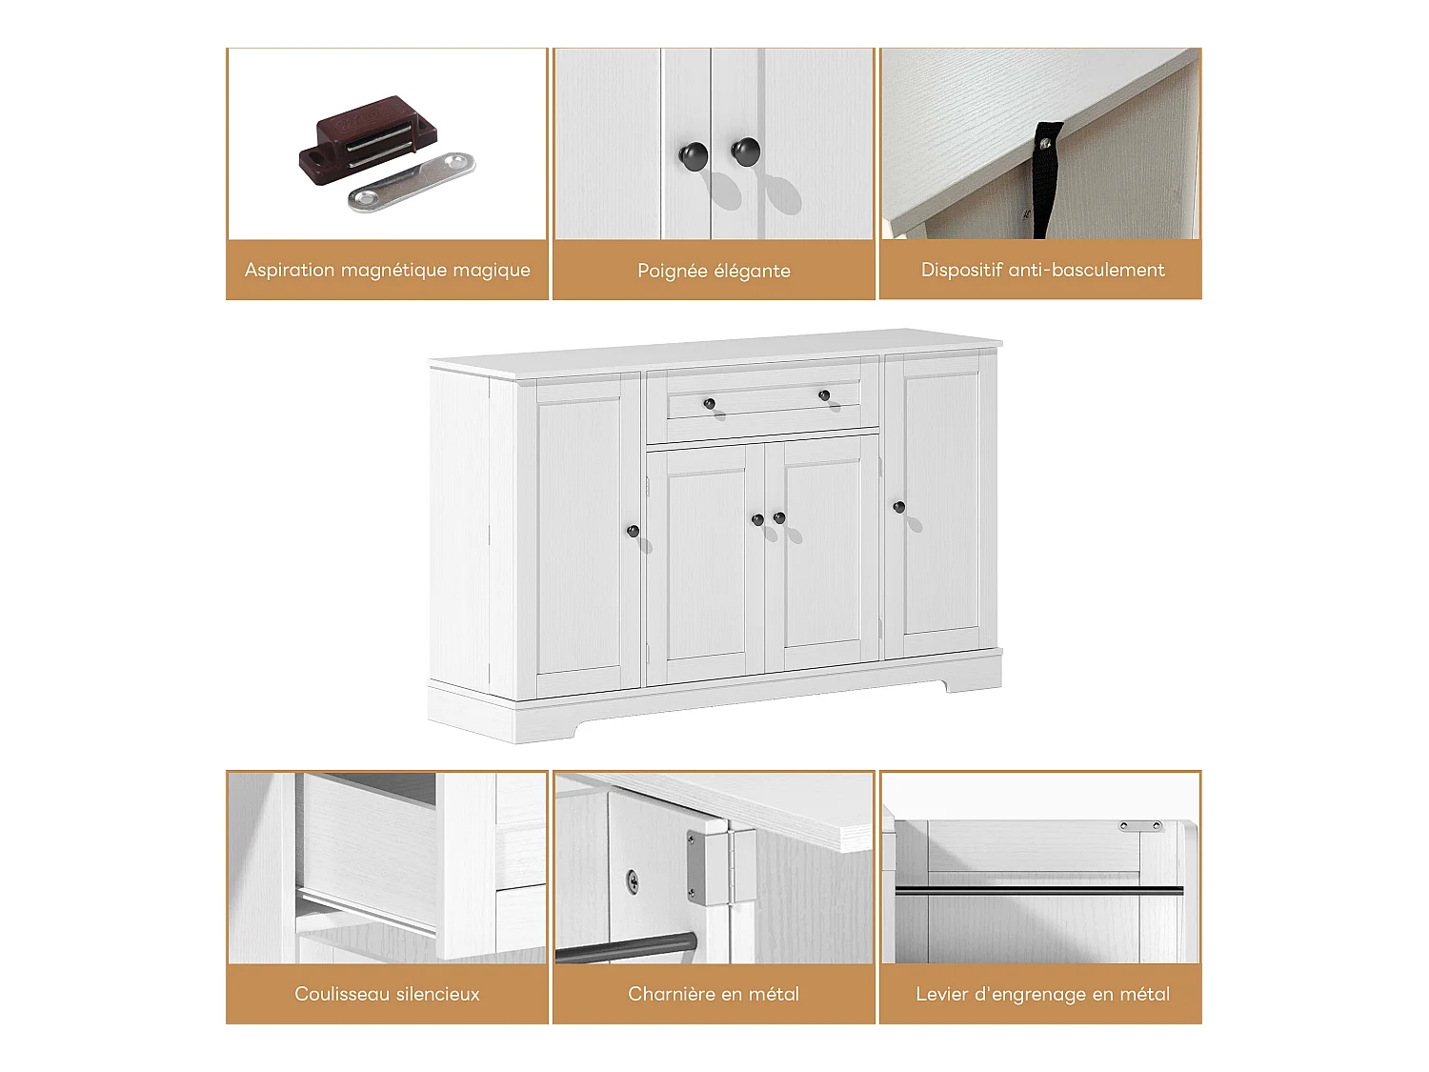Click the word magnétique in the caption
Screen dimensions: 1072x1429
[393, 271]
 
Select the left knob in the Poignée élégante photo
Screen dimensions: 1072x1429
[693, 155]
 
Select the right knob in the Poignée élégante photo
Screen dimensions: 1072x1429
[745, 151]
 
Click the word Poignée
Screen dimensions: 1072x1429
[673, 272]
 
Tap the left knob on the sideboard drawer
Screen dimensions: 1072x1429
[709, 404]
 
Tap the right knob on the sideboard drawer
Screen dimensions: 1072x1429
[824, 394]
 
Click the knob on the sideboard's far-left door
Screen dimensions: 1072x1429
[633, 531]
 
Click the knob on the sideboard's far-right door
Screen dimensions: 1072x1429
[898, 507]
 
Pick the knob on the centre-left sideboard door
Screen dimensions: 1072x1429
[757, 520]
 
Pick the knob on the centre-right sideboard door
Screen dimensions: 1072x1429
[779, 517]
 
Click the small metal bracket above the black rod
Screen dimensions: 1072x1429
[1141, 826]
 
